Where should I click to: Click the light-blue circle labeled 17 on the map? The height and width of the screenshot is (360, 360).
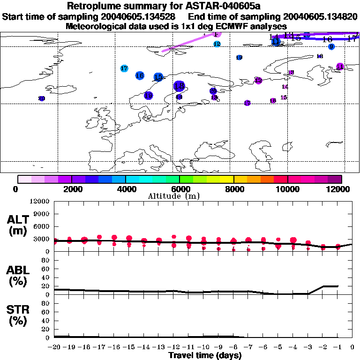pyautogui.click(x=124, y=68)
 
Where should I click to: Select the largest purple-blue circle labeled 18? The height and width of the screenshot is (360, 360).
pyautogui.click(x=179, y=86)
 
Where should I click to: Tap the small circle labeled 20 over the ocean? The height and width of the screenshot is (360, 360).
pyautogui.click(x=41, y=98)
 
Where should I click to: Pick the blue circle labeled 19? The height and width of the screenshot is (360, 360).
pyautogui.click(x=149, y=96)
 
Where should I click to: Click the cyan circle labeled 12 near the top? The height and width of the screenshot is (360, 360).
pyautogui.click(x=217, y=44)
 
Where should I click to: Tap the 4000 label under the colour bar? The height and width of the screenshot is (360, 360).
pyautogui.click(x=126, y=189)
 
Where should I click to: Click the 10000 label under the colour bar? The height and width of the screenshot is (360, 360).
pyautogui.click(x=287, y=189)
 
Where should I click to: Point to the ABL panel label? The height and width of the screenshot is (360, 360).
pyautogui.click(x=17, y=276)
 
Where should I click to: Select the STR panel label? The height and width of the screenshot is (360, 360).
pyautogui.click(x=17, y=315)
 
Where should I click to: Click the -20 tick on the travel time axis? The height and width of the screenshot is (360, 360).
pyautogui.click(x=55, y=347)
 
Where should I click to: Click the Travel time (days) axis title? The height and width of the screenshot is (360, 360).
pyautogui.click(x=204, y=355)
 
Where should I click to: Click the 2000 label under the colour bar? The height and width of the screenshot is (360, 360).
pyautogui.click(x=71, y=189)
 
